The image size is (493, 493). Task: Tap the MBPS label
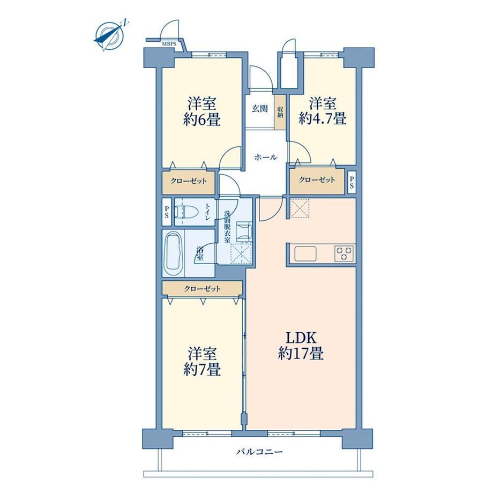click(169, 44)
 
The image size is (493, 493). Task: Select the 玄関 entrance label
click(260, 109)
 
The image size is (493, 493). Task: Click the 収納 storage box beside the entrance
click(280, 112)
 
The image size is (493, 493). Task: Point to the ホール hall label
click(266, 157)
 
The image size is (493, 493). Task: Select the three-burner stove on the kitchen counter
click(344, 253)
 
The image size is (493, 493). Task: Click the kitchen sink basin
click(305, 253)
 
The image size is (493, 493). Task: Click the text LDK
click(300, 338)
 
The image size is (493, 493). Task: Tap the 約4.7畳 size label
click(323, 119)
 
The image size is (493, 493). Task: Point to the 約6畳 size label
click(201, 120)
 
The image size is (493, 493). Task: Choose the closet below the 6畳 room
click(188, 182)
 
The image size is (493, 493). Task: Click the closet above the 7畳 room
click(202, 288)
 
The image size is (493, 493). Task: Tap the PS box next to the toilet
click(167, 212)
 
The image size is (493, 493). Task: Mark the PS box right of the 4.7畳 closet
click(352, 182)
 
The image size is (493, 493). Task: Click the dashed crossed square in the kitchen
click(300, 208)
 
